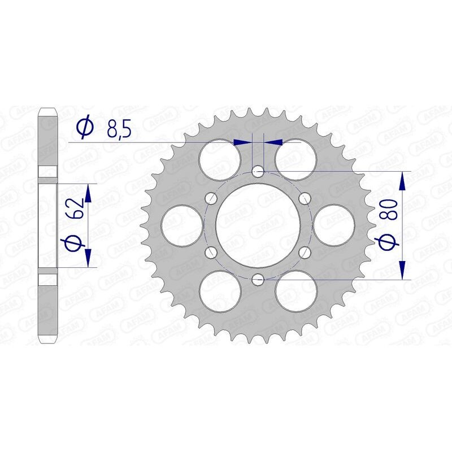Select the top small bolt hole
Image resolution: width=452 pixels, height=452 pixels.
point(258,171)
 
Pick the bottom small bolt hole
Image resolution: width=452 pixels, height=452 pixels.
point(258,279)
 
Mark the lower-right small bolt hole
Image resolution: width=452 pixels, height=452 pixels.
point(305,251)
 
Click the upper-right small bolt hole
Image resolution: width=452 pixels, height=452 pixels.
point(305,198)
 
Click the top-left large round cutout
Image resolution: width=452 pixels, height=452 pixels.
point(220,158)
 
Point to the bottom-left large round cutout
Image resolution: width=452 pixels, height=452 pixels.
point(221,291)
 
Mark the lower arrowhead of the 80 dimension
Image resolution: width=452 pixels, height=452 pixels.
point(402,269)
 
